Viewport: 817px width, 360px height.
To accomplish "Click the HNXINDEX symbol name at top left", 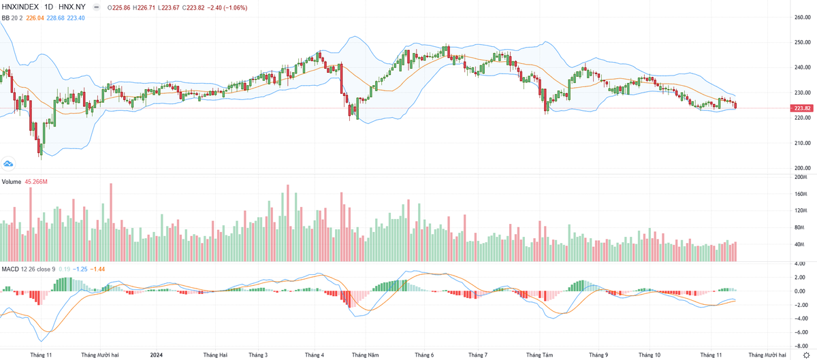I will (x=20, y=7).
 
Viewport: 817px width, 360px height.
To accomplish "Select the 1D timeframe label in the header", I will (x=49, y=7).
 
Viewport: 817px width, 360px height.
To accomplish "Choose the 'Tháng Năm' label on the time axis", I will (x=366, y=355).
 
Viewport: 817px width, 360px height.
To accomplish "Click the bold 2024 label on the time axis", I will (x=157, y=355).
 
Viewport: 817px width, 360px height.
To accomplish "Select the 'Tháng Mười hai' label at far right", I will (x=768, y=355).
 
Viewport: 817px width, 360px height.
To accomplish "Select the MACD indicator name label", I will (x=10, y=269).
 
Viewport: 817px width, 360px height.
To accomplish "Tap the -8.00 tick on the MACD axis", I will (x=801, y=346).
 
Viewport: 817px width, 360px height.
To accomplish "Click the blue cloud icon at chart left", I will (x=9, y=164).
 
